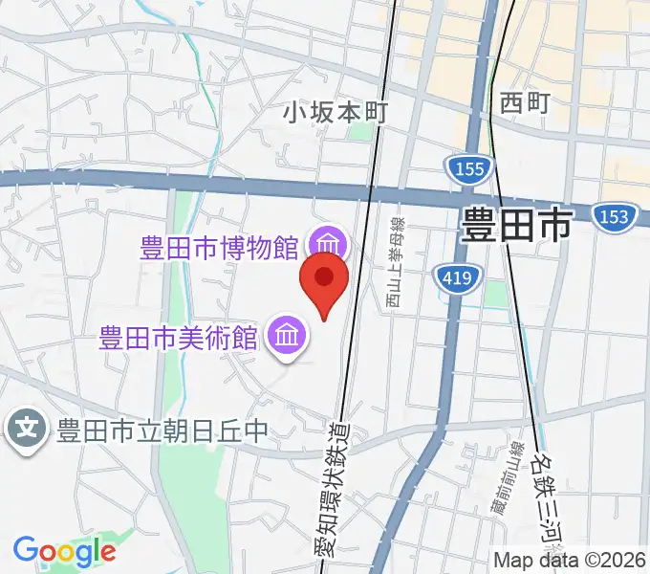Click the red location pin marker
coord(324,279)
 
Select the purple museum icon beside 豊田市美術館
coord(287,336)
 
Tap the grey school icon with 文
coord(28,427)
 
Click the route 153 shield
coord(613,216)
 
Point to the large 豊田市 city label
coord(515,225)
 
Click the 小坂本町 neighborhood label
coord(335,112)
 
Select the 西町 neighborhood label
coord(525,103)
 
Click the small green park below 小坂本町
coord(359,131)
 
